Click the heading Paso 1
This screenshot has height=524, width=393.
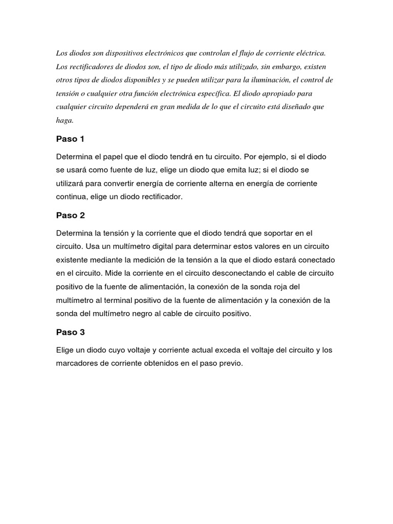(x=70, y=139)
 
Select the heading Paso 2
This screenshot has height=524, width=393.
(x=70, y=215)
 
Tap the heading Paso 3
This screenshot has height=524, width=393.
(x=70, y=332)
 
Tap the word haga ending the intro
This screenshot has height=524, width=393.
(x=64, y=121)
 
